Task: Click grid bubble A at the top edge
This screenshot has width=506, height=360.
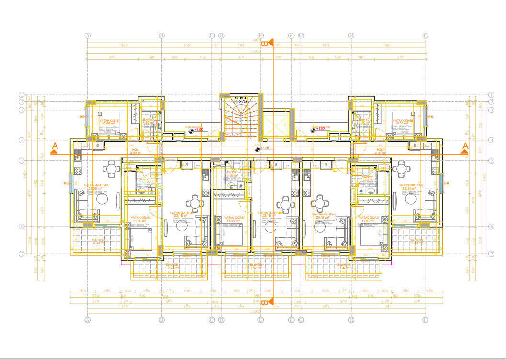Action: tap(88, 36)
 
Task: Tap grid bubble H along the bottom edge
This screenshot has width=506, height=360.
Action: tap(351, 319)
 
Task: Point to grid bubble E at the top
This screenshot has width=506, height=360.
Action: tap(261, 36)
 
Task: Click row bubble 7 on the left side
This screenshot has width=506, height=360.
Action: tap(22, 253)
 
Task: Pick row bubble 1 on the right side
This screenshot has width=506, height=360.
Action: tap(491, 95)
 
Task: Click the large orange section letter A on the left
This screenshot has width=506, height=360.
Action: tap(55, 146)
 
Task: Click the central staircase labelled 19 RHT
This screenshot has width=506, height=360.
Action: tap(241, 120)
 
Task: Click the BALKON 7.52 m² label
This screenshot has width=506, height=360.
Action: tap(257, 266)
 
